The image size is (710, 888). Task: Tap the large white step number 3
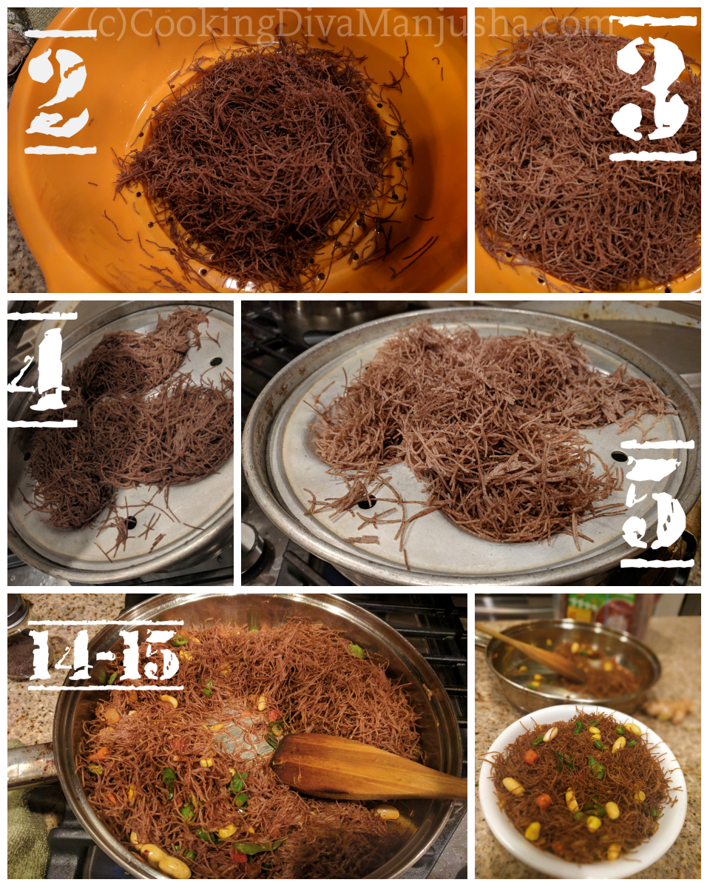[x=655, y=89]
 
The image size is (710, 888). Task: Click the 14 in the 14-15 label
[x=63, y=655]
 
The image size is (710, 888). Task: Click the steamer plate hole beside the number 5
[x=618, y=457]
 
